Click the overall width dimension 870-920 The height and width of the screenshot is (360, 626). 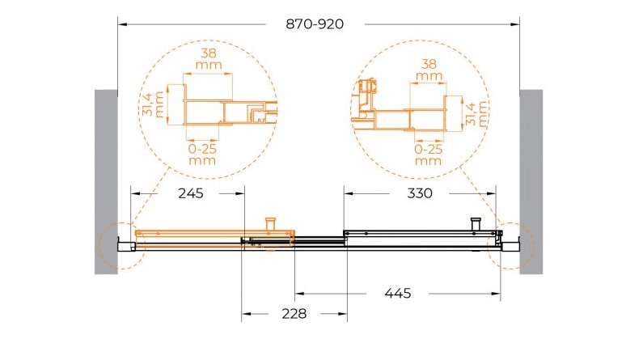pos(315,24)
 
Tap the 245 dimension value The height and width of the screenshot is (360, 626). pos(190,193)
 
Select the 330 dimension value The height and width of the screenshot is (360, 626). pos(420,193)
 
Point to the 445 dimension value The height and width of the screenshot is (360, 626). pos(398,294)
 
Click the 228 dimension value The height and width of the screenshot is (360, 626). pos(294,314)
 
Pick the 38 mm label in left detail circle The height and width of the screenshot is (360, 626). pos(209,59)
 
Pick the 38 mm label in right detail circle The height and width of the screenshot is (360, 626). pos(429,70)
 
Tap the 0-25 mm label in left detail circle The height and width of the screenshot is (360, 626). pos(202,155)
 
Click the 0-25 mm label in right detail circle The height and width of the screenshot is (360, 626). pos(429,155)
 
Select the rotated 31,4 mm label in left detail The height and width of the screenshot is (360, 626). pos(153,104)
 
